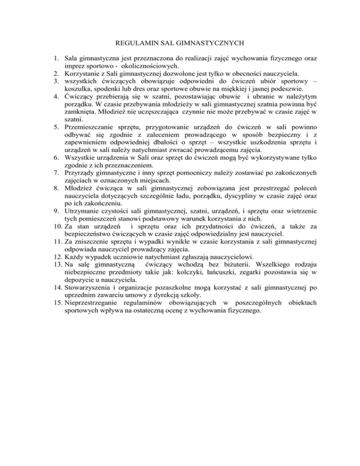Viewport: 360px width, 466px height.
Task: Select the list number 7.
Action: [55, 173]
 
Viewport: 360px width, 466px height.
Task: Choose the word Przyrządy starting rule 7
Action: [79, 173]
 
